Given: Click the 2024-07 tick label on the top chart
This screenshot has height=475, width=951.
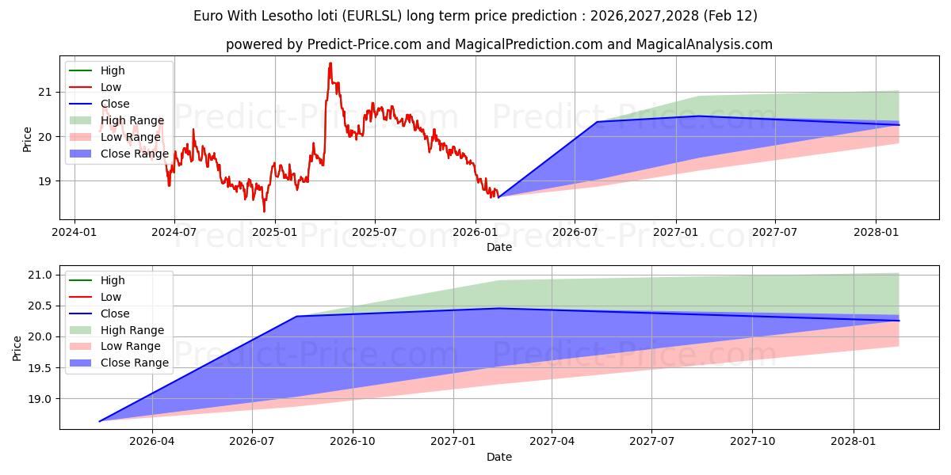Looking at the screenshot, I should [x=174, y=232].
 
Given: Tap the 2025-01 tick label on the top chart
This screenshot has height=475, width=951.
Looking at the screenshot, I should [x=274, y=232].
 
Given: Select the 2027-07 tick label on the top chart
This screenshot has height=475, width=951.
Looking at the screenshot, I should [x=774, y=232].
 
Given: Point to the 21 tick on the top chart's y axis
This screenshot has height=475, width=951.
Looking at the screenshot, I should [x=45, y=92].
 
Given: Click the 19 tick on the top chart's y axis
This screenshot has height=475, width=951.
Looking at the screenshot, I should [x=45, y=181].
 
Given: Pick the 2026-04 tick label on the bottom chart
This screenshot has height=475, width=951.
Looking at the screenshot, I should [x=151, y=442].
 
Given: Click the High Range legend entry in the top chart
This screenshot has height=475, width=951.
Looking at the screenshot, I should [x=132, y=120].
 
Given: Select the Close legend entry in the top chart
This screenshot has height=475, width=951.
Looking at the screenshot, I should [x=115, y=104].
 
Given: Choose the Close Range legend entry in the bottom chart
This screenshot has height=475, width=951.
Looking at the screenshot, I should [x=134, y=363].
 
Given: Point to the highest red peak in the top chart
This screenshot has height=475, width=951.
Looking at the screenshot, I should [x=330, y=63].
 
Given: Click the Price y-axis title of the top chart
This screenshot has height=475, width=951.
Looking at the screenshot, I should [x=28, y=139].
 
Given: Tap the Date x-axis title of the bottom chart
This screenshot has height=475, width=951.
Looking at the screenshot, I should [x=499, y=457].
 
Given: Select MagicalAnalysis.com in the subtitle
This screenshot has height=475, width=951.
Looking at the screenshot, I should [x=705, y=44].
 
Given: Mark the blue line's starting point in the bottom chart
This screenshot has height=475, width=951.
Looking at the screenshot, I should [x=99, y=421].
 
